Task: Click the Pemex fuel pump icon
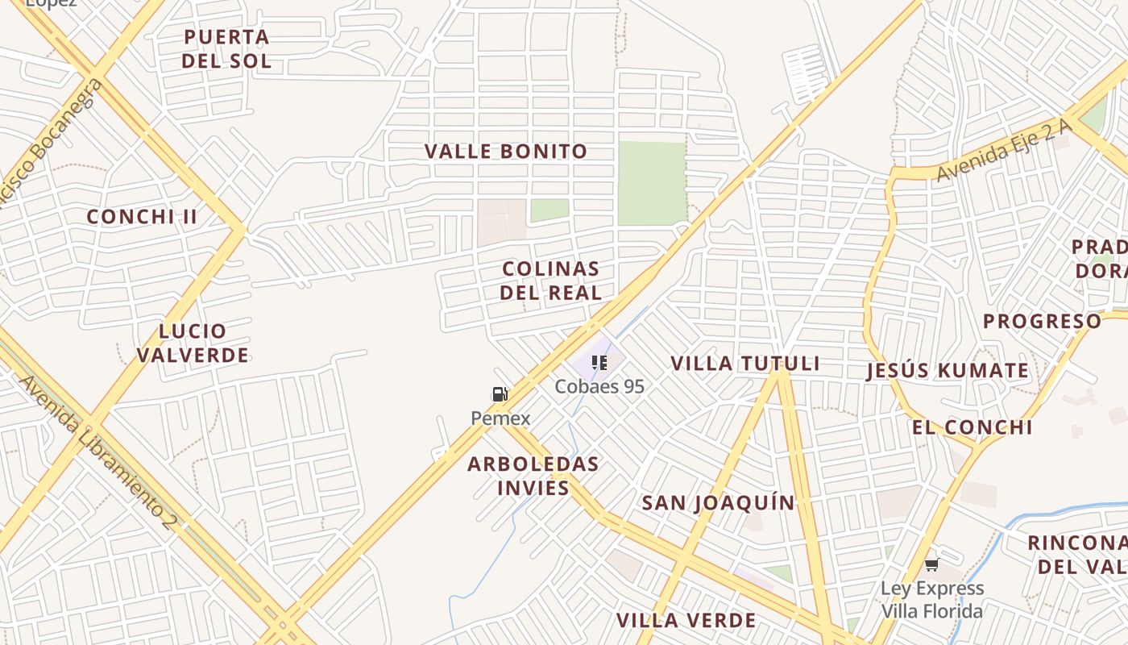[500, 394]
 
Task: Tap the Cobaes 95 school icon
[599, 363]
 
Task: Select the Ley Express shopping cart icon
[932, 564]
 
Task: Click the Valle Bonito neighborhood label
[506, 152]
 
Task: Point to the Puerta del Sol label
[226, 49]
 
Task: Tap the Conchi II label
[142, 217]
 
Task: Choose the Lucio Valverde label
[193, 343]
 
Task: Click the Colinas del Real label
[551, 281]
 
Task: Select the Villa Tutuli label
[745, 364]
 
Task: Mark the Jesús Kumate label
[948, 372]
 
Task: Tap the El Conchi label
[972, 427]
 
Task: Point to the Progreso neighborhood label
[1042, 322]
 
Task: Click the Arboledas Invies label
[533, 476]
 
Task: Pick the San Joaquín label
[718, 503]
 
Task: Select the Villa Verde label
[686, 621]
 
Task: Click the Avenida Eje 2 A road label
[1004, 150]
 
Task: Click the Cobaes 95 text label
[599, 387]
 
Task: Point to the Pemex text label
[500, 418]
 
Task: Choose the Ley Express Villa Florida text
[932, 600]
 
